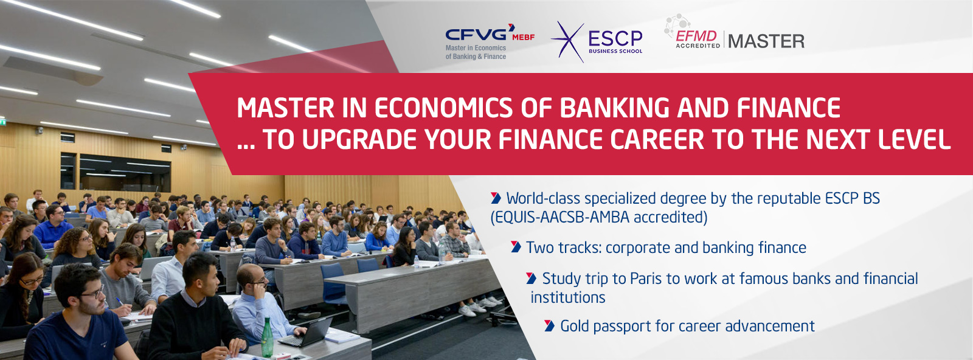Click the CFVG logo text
click(476, 34)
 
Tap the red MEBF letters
click(524, 37)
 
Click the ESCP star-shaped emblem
click(568, 42)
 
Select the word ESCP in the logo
click(615, 38)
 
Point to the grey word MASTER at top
click(766, 41)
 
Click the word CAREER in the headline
click(657, 139)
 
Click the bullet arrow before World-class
click(496, 198)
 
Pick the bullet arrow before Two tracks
click(516, 247)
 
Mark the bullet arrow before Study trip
click(532, 278)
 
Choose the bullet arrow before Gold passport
click(550, 326)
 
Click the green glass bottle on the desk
click(267, 338)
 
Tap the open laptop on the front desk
click(306, 333)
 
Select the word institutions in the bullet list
click(568, 297)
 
